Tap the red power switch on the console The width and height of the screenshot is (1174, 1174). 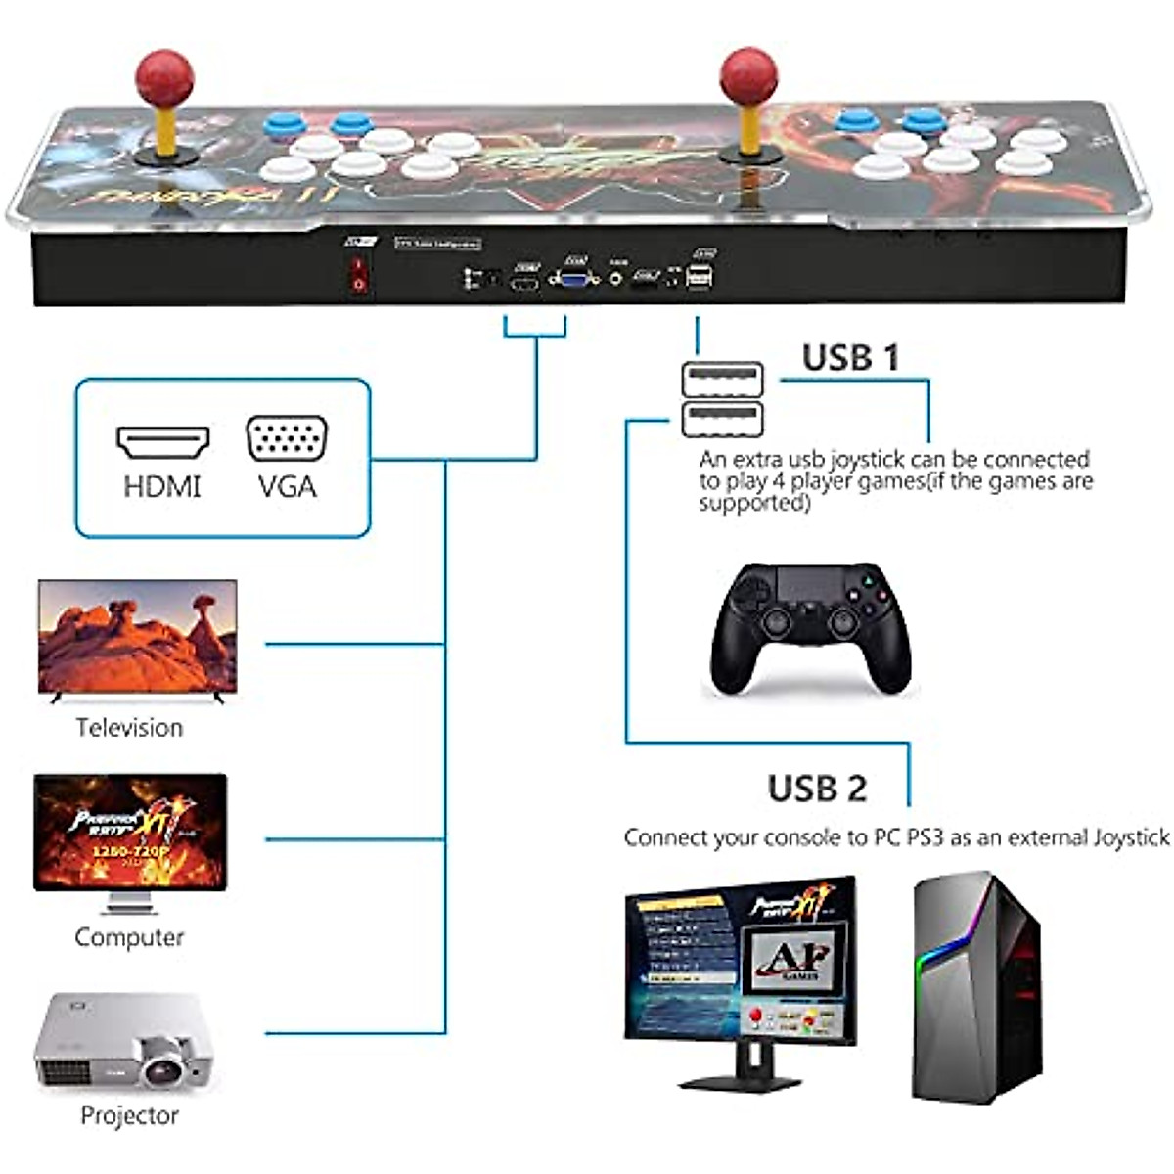[x=359, y=275]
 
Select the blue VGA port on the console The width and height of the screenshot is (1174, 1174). [x=574, y=278]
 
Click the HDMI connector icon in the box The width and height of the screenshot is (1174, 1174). [x=162, y=442]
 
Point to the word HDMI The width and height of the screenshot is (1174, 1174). [x=162, y=486]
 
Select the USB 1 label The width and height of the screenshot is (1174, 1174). [x=850, y=358]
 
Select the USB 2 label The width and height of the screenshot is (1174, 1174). [x=817, y=789]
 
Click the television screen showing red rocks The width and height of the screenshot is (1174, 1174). [x=137, y=637]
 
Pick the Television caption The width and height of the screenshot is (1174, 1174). [x=129, y=728]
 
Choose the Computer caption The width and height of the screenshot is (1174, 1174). [x=129, y=937]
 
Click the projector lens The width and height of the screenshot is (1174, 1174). [x=160, y=1062]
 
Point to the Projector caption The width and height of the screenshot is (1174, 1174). [x=129, y=1115]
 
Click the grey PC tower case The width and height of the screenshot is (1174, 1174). [x=976, y=988]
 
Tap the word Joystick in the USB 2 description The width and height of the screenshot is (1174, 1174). [x=1131, y=837]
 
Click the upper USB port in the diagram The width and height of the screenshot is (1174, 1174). [x=722, y=380]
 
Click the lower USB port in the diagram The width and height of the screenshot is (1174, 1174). [x=722, y=417]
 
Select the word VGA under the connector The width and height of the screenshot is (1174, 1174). [x=287, y=486]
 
